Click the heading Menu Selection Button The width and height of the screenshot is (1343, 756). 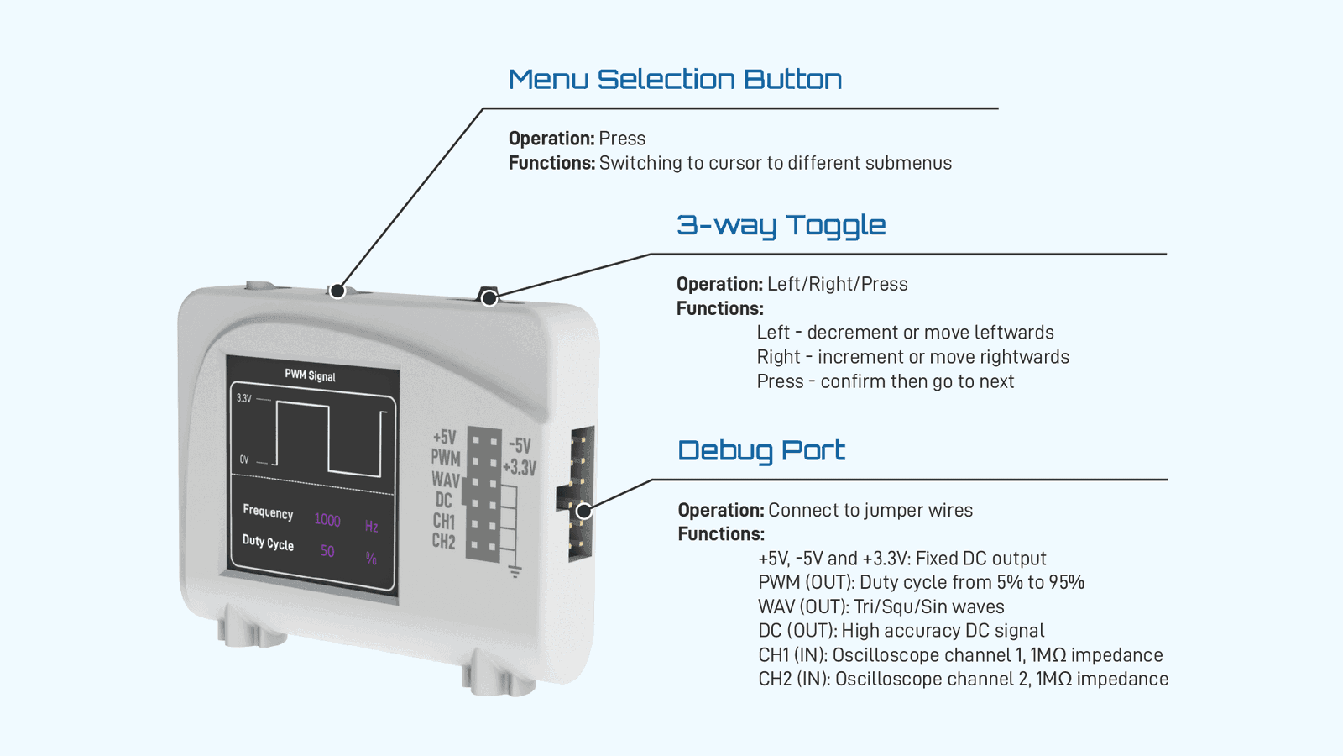coord(675,80)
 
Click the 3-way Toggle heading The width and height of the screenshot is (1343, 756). coord(781,225)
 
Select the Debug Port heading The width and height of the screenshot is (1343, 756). coord(760,450)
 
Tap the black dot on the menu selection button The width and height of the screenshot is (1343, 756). coord(337,291)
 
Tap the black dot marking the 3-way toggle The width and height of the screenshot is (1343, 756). coord(489,298)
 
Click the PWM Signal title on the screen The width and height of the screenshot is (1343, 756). coord(310,375)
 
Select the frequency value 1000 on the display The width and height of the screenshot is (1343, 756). coord(327,520)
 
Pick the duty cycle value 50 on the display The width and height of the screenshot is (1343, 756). coord(327,551)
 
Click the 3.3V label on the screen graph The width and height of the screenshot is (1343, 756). coord(243,398)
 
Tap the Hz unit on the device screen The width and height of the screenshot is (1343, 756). coord(371,527)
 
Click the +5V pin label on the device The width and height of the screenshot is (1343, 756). coord(444,438)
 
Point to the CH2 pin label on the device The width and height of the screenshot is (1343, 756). coord(443,542)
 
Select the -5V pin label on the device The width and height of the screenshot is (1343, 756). coord(520,446)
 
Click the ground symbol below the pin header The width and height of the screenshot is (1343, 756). coord(515,571)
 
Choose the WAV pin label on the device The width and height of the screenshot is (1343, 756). coord(445,480)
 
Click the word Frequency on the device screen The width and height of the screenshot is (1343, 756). coord(268,512)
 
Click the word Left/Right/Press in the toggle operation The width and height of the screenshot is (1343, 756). coord(837,284)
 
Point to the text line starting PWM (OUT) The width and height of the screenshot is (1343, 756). coord(921,582)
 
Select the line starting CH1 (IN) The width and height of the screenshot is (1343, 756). coord(960,655)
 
